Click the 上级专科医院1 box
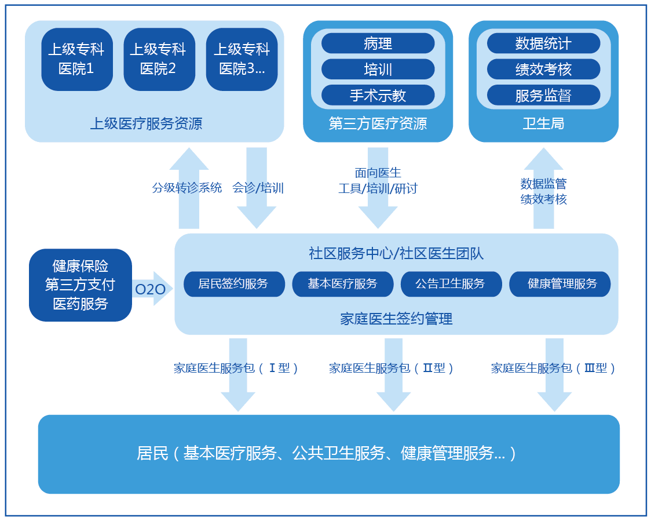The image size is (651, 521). (77, 59)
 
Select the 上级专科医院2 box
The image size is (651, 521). (159, 59)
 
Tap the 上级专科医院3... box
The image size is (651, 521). (242, 59)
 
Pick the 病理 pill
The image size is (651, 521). (378, 43)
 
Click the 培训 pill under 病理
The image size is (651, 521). (378, 70)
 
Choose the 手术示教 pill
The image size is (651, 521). (378, 95)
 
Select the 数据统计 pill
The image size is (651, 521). (543, 43)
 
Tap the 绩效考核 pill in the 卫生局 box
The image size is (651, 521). (543, 70)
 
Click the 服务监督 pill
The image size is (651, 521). (543, 95)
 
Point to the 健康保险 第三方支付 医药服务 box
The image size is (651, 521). (81, 285)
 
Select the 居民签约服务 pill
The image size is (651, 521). (234, 284)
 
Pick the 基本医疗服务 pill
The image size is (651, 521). (342, 284)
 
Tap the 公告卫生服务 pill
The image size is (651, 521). (451, 284)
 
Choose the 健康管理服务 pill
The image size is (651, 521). (559, 284)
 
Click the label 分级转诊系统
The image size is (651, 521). (187, 188)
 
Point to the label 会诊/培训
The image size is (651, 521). (258, 188)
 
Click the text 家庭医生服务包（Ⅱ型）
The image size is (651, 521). (392, 368)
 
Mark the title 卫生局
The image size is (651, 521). (543, 123)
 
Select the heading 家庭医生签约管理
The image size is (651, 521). (396, 318)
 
